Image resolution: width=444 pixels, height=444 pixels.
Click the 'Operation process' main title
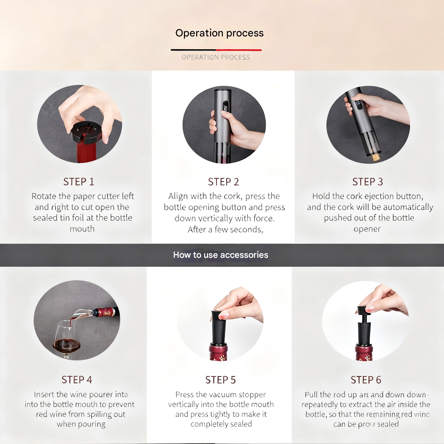219,33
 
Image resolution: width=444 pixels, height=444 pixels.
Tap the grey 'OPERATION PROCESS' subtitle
216,57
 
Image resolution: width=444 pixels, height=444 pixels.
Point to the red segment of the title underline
239,50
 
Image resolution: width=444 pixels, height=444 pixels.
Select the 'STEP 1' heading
79,181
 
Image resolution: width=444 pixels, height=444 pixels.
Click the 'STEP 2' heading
223,181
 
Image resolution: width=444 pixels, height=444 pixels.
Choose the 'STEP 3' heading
367,181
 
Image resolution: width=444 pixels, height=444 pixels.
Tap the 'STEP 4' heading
77,380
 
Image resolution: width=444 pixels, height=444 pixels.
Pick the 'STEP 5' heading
220,380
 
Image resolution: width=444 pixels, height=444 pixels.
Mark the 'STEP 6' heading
366,380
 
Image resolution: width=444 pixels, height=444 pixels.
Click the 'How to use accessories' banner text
221,255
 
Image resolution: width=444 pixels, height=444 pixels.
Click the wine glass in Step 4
66,341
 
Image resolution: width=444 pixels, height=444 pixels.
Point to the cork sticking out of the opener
376,156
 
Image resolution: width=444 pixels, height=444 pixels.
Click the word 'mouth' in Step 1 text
82,229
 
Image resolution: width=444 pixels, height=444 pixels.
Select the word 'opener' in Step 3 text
367,229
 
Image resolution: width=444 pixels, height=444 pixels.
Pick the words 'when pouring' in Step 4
81,424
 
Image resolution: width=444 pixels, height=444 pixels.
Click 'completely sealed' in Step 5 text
221,424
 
